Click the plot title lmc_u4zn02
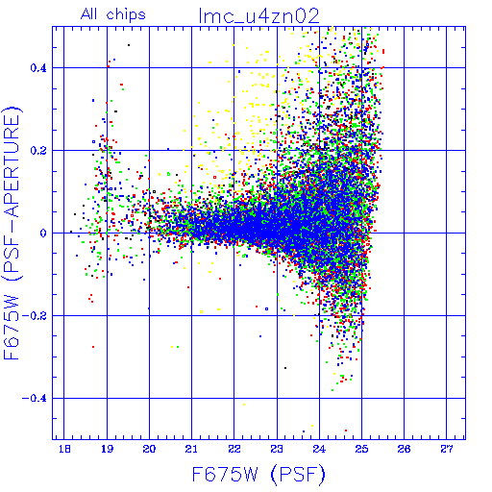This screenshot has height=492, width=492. coord(258,16)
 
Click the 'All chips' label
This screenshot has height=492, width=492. coord(113,14)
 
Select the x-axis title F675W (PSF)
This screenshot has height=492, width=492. coord(258,475)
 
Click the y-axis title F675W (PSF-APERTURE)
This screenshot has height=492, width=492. coord(12,234)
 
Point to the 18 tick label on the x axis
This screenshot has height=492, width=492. coord(64,450)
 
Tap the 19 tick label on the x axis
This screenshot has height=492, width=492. coord(107,450)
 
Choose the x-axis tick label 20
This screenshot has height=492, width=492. coord(149,450)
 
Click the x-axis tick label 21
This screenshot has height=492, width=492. coord(191,450)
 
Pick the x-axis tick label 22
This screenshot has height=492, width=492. coord(234,450)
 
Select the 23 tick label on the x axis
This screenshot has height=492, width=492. coord(277,450)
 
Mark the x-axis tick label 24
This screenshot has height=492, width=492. coord(319,450)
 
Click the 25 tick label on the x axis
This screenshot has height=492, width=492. coord(361,450)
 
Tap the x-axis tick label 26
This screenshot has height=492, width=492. coord(404,450)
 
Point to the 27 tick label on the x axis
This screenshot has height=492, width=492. coord(447,450)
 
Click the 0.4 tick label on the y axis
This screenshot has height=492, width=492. coord(38,68)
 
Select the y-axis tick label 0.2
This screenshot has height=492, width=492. coord(38,151)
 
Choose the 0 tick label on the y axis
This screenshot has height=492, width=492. coord(43,234)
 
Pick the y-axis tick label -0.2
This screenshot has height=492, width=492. coord(35,316)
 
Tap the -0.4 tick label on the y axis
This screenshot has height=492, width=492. coord(35,399)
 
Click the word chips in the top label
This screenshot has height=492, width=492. coord(126,15)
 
